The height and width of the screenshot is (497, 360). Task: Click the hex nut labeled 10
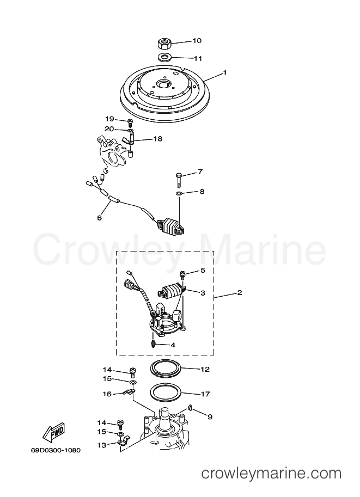[x=164, y=43]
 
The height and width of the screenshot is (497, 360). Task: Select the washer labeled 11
[x=164, y=57]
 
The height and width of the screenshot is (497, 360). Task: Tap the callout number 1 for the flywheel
[x=225, y=72]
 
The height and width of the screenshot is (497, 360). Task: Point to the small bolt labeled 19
[x=130, y=122]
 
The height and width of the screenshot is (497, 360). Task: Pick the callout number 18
[x=157, y=138]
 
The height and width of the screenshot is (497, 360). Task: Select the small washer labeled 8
[x=179, y=193]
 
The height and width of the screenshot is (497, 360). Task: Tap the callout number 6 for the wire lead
[x=99, y=218]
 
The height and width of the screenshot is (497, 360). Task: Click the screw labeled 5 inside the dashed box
[x=182, y=274]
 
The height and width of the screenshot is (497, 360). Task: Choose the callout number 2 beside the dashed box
[x=240, y=292]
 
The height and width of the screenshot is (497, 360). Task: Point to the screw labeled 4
[x=153, y=343]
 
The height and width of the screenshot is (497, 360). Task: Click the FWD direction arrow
[x=54, y=432]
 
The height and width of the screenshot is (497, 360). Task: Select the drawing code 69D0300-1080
[x=56, y=450]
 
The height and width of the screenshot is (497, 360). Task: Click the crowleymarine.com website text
[x=271, y=473]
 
